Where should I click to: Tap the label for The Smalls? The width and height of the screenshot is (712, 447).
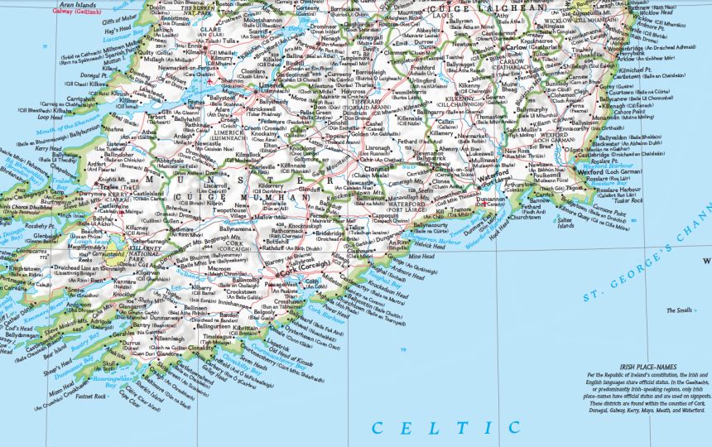(x=676, y=311)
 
